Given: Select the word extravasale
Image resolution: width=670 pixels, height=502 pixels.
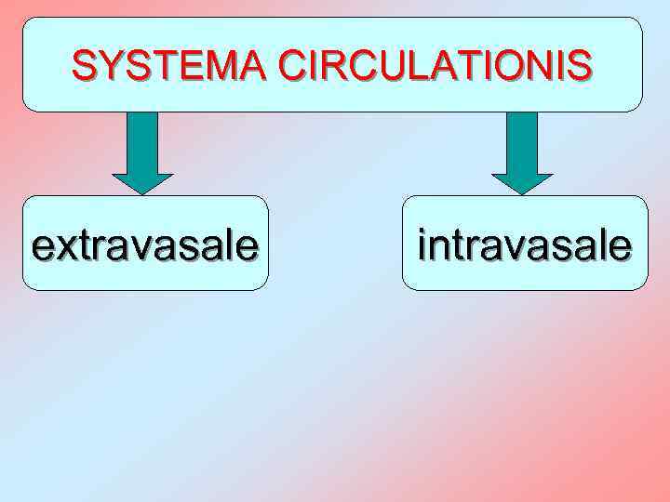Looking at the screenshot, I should pyautogui.click(x=145, y=246).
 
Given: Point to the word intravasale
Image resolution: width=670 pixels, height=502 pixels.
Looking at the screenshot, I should pyautogui.click(x=525, y=246).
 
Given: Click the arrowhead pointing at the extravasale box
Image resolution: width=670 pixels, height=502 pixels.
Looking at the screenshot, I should pyautogui.click(x=142, y=183).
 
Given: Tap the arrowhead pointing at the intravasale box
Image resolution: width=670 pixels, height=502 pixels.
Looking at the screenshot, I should pyautogui.click(x=522, y=183).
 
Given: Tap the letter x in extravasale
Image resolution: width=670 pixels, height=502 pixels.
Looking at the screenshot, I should pyautogui.click(x=68, y=246).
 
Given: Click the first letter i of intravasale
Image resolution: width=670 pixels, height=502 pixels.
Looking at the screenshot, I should pyautogui.click(x=422, y=246).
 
